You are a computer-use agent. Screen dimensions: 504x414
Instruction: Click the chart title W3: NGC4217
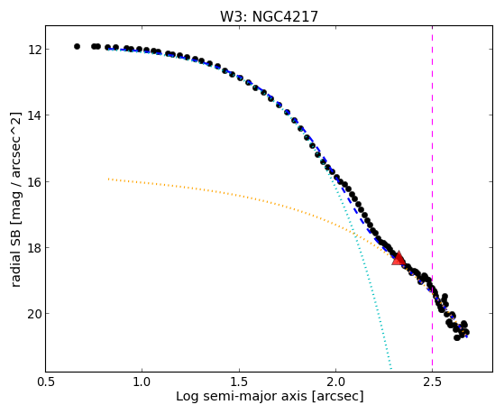pos(269,16)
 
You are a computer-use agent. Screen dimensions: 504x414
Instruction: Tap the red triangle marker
pos(399,258)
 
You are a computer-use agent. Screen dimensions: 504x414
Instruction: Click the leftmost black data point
pos(77,46)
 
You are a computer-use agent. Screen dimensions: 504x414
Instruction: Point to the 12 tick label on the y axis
pos(33,50)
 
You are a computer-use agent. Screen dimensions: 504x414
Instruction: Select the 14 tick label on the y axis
pos(33,115)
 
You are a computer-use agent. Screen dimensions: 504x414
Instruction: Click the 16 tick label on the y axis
pos(33,182)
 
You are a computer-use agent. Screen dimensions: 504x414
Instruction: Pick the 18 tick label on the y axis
pos(33,248)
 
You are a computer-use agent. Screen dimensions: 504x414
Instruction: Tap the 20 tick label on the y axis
pos(33,314)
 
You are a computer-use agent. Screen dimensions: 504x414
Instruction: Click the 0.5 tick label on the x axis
pos(46,382)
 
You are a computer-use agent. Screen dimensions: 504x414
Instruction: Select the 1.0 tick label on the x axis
pos(142,382)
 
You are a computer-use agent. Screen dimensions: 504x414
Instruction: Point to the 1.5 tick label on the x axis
pos(239,382)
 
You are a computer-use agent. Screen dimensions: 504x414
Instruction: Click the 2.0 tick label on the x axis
pos(335,382)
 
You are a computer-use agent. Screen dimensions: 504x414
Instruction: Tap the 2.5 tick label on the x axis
pos(432,382)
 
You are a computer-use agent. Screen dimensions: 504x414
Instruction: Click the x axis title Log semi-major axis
pos(241,396)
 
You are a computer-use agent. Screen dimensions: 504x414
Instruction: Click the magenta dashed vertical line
pos(432,198)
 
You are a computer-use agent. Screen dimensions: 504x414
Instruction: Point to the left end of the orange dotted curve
pos(108,179)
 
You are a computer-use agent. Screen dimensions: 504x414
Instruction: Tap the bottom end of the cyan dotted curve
pos(391,369)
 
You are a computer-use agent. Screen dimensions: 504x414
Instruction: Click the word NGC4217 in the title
pos(285,16)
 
